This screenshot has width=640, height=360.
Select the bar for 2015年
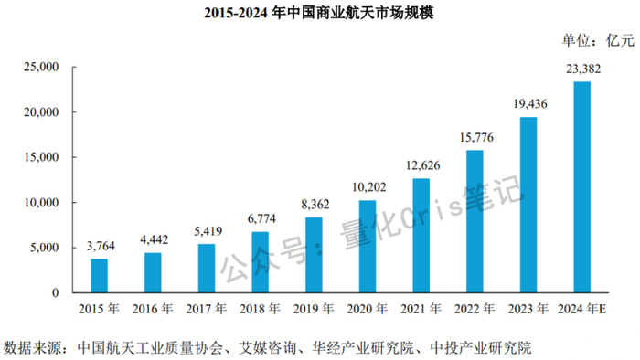99,275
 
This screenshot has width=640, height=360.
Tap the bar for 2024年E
581,187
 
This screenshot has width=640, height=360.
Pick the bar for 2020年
367,247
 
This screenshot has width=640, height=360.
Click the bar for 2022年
475,221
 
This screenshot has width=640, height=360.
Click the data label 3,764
99,246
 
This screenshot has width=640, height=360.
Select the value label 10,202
367,187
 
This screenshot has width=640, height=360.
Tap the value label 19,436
528,104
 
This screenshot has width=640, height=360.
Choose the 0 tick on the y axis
55,293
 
